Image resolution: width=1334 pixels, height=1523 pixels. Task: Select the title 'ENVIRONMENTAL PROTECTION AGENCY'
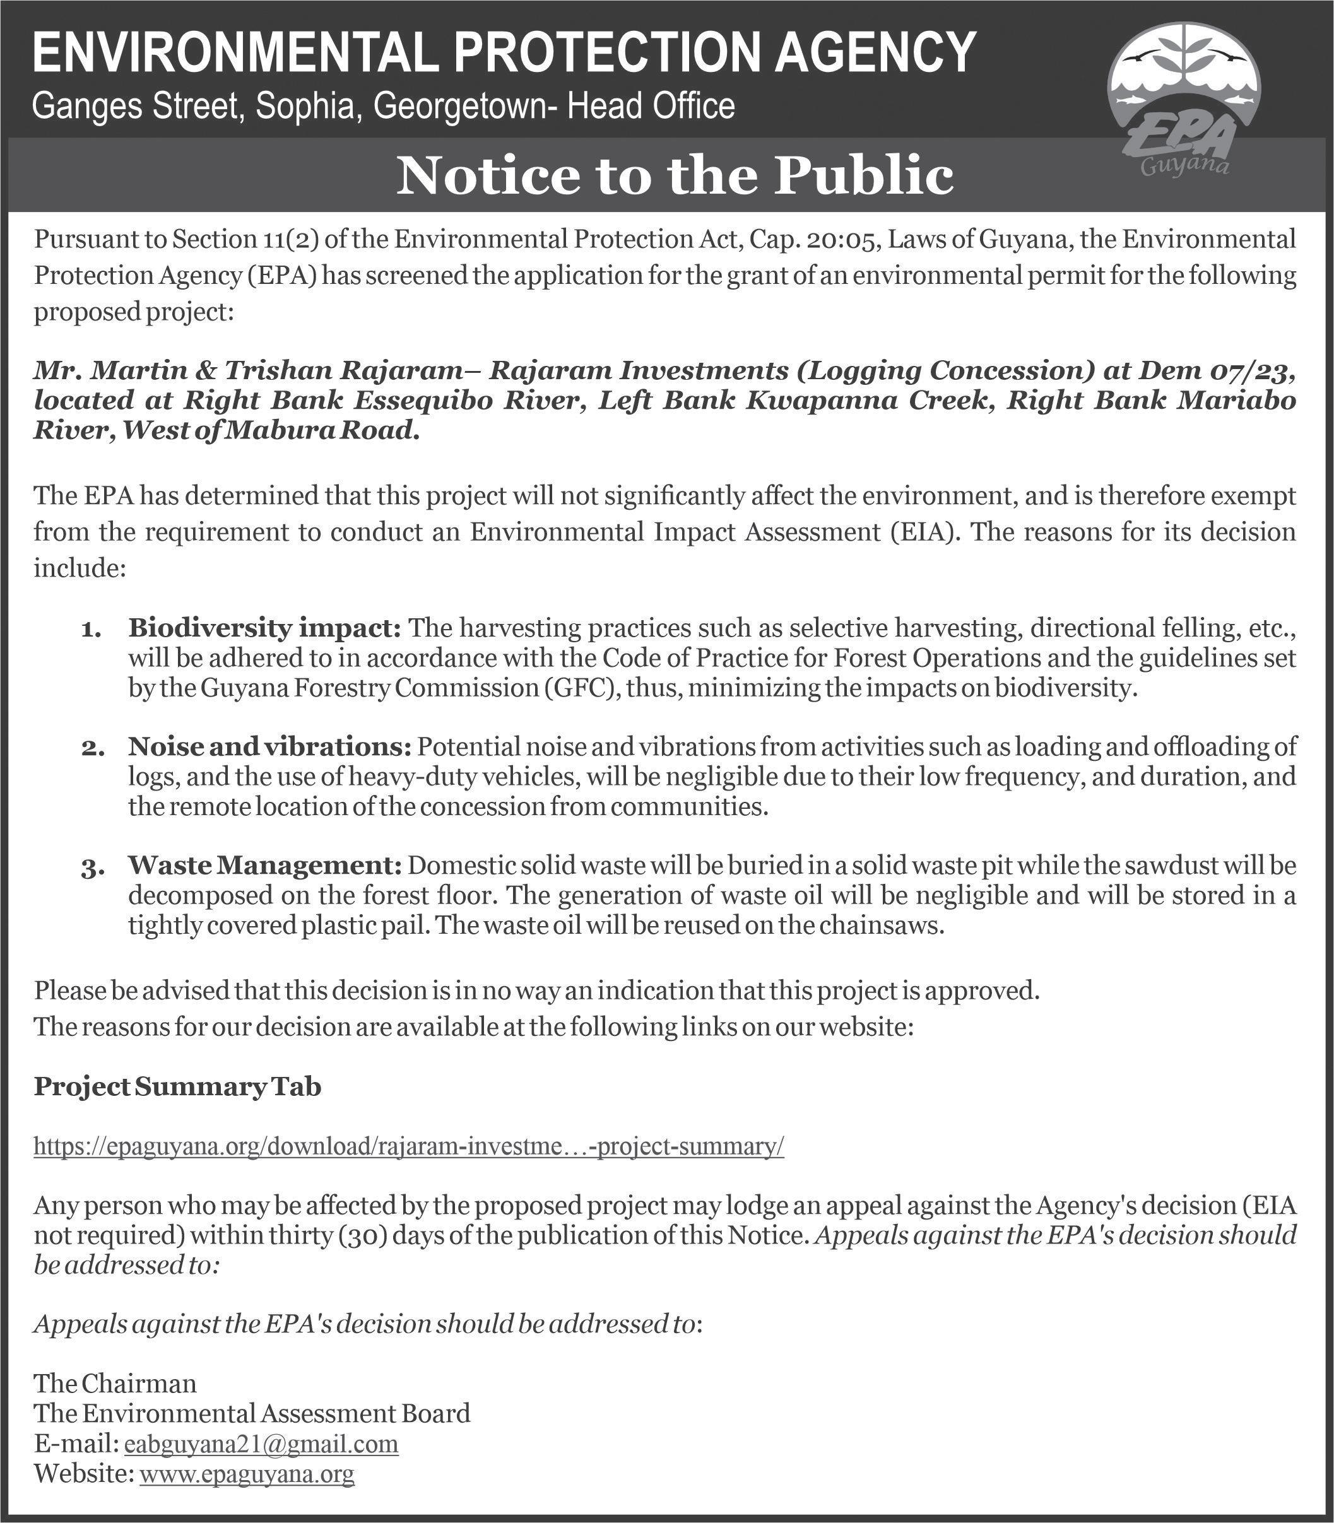pyautogui.click(x=503, y=52)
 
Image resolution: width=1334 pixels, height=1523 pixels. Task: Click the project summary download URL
pyautogui.click(x=409, y=1146)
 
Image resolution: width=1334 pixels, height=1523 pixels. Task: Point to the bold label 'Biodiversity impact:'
pyautogui.click(x=265, y=628)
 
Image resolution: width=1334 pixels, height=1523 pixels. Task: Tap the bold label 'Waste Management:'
pyautogui.click(x=265, y=865)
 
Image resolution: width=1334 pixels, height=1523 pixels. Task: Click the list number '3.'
pyautogui.click(x=90, y=868)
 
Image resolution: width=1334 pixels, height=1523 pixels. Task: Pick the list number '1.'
pyautogui.click(x=90, y=632)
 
